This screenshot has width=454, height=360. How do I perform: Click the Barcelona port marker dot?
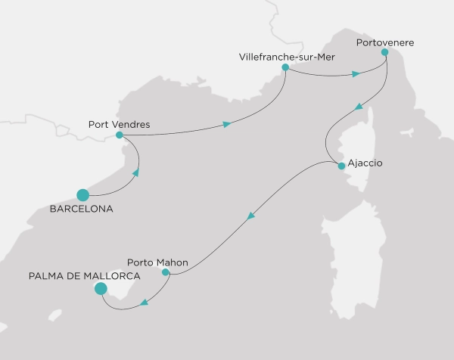point(83,194)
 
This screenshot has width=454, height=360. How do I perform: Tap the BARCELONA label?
point(81,209)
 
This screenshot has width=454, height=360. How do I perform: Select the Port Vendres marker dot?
point(119,135)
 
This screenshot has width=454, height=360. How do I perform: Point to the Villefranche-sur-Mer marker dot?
point(285,67)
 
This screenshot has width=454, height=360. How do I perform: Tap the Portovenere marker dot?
point(385,53)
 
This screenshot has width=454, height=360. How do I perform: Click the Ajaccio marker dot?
point(341,166)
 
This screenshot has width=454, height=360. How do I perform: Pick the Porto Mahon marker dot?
point(166,272)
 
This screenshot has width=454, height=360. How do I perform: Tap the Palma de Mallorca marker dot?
point(100,288)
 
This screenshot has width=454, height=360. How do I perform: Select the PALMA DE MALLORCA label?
point(76,275)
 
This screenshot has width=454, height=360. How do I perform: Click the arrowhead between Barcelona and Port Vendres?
point(136,172)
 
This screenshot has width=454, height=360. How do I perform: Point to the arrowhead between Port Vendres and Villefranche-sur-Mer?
point(226,124)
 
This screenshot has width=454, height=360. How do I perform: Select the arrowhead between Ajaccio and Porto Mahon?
point(251,217)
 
